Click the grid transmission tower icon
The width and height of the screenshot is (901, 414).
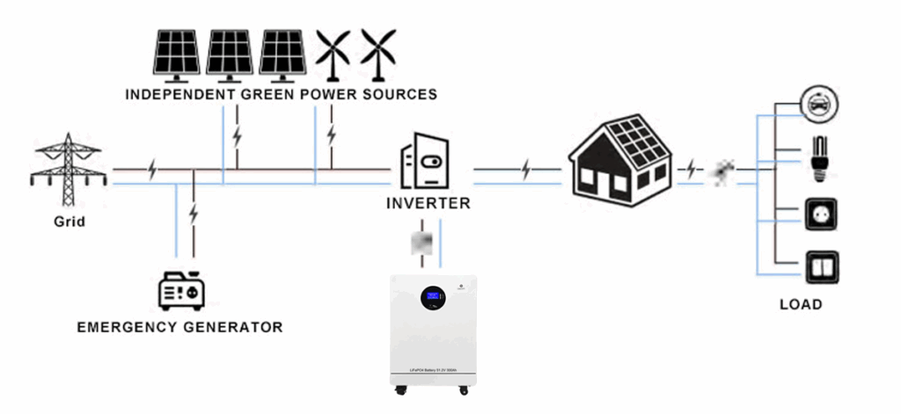click(x=68, y=168)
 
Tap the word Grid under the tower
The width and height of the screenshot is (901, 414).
click(x=68, y=222)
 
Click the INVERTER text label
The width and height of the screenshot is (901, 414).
click(x=429, y=204)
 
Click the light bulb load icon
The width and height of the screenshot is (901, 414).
click(x=819, y=157)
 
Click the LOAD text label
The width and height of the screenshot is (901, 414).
click(x=801, y=305)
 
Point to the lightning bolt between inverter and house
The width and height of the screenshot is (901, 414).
click(x=526, y=169)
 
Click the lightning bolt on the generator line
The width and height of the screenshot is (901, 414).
click(x=194, y=213)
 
